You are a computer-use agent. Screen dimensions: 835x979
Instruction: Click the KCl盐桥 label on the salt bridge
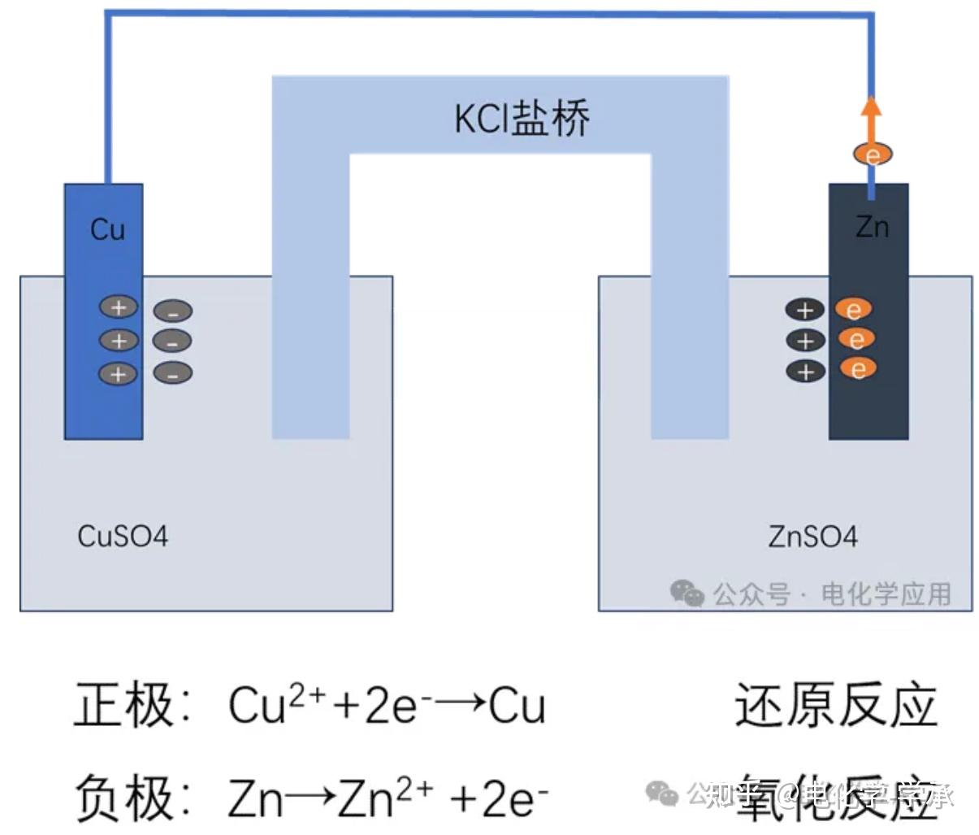(522, 119)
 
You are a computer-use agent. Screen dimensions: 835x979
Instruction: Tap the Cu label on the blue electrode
(107, 229)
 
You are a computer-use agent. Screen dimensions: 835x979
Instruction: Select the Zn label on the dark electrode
(872, 227)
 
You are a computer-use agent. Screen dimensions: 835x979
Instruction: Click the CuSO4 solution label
(123, 537)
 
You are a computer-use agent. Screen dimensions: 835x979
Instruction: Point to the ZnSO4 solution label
(812, 537)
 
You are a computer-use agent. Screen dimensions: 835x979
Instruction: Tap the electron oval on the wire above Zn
(873, 154)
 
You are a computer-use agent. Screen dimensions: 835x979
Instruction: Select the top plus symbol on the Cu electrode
(119, 307)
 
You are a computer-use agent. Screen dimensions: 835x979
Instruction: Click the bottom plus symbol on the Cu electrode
(119, 373)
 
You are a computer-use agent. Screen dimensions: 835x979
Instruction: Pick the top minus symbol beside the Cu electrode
(173, 311)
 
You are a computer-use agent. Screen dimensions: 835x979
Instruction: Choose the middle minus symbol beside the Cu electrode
(172, 341)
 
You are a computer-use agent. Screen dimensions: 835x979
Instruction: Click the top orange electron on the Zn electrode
(854, 310)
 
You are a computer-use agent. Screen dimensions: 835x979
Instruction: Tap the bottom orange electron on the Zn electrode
(858, 369)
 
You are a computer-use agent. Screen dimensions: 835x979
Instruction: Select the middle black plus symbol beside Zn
(805, 340)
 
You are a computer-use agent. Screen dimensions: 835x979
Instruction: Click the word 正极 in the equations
(124, 704)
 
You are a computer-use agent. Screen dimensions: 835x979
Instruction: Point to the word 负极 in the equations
(124, 798)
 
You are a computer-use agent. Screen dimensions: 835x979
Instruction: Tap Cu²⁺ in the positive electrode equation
(276, 703)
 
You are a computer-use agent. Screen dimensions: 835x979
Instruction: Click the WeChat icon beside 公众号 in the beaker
(687, 594)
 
